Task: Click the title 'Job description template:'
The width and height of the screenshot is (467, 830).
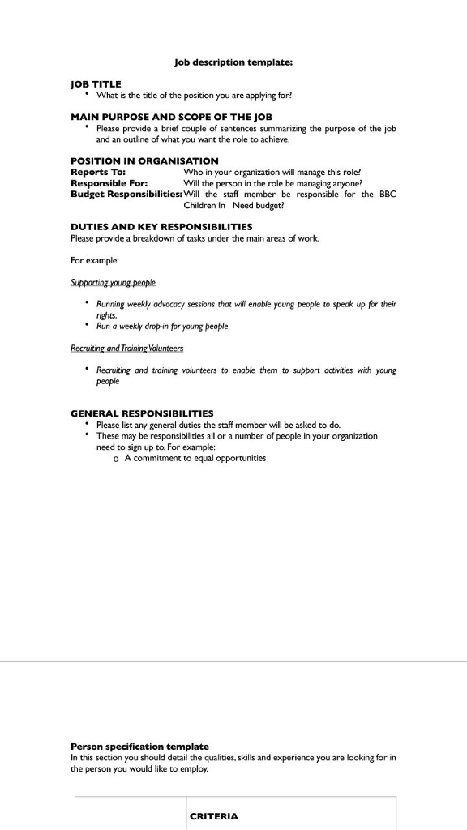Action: [x=233, y=62]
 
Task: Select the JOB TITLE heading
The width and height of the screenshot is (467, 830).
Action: [x=96, y=84]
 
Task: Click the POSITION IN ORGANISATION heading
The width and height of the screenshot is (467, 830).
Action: [x=144, y=161]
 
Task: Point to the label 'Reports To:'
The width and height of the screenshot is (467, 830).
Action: [x=97, y=172]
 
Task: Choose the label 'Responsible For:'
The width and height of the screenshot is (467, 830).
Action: [x=109, y=183]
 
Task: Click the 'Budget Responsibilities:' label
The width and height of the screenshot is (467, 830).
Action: [x=126, y=195]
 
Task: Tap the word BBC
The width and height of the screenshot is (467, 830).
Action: [x=387, y=195]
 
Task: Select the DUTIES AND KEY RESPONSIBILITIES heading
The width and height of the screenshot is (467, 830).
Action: [x=161, y=227]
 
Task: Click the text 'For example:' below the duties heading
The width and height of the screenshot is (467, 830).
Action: [x=95, y=260]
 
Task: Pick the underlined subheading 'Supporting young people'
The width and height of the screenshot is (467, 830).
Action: [x=113, y=282]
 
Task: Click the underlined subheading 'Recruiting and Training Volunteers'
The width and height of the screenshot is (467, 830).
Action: [x=126, y=349]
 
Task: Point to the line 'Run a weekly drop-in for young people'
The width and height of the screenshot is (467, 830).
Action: [x=162, y=327]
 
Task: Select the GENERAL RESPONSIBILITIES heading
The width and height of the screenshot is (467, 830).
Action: [x=142, y=413]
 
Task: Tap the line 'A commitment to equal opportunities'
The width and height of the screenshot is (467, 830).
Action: [x=195, y=458]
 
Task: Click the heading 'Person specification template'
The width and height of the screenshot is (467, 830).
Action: [x=139, y=747]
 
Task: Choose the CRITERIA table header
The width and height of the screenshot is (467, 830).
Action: [x=213, y=816]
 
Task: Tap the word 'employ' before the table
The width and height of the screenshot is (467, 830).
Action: [x=195, y=769]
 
